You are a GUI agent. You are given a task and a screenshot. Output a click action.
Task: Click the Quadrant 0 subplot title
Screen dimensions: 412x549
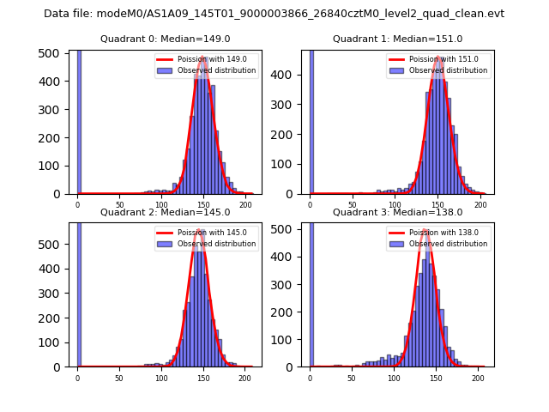165,39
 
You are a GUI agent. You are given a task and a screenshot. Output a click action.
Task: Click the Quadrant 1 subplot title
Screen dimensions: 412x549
397,39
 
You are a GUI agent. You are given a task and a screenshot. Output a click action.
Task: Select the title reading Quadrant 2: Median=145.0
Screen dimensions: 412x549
165,212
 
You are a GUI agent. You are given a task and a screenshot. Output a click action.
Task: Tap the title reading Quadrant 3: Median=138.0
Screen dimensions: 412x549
397,212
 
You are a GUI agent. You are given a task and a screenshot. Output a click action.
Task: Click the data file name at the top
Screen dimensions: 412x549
274,14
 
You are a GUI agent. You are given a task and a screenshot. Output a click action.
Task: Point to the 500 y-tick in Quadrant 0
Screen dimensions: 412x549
52,53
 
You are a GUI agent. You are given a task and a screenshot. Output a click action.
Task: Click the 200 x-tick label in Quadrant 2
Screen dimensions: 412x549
244,378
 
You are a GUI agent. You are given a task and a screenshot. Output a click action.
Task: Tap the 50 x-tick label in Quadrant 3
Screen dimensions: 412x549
352,378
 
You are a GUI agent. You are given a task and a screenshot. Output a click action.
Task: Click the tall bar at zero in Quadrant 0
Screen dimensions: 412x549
79,120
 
